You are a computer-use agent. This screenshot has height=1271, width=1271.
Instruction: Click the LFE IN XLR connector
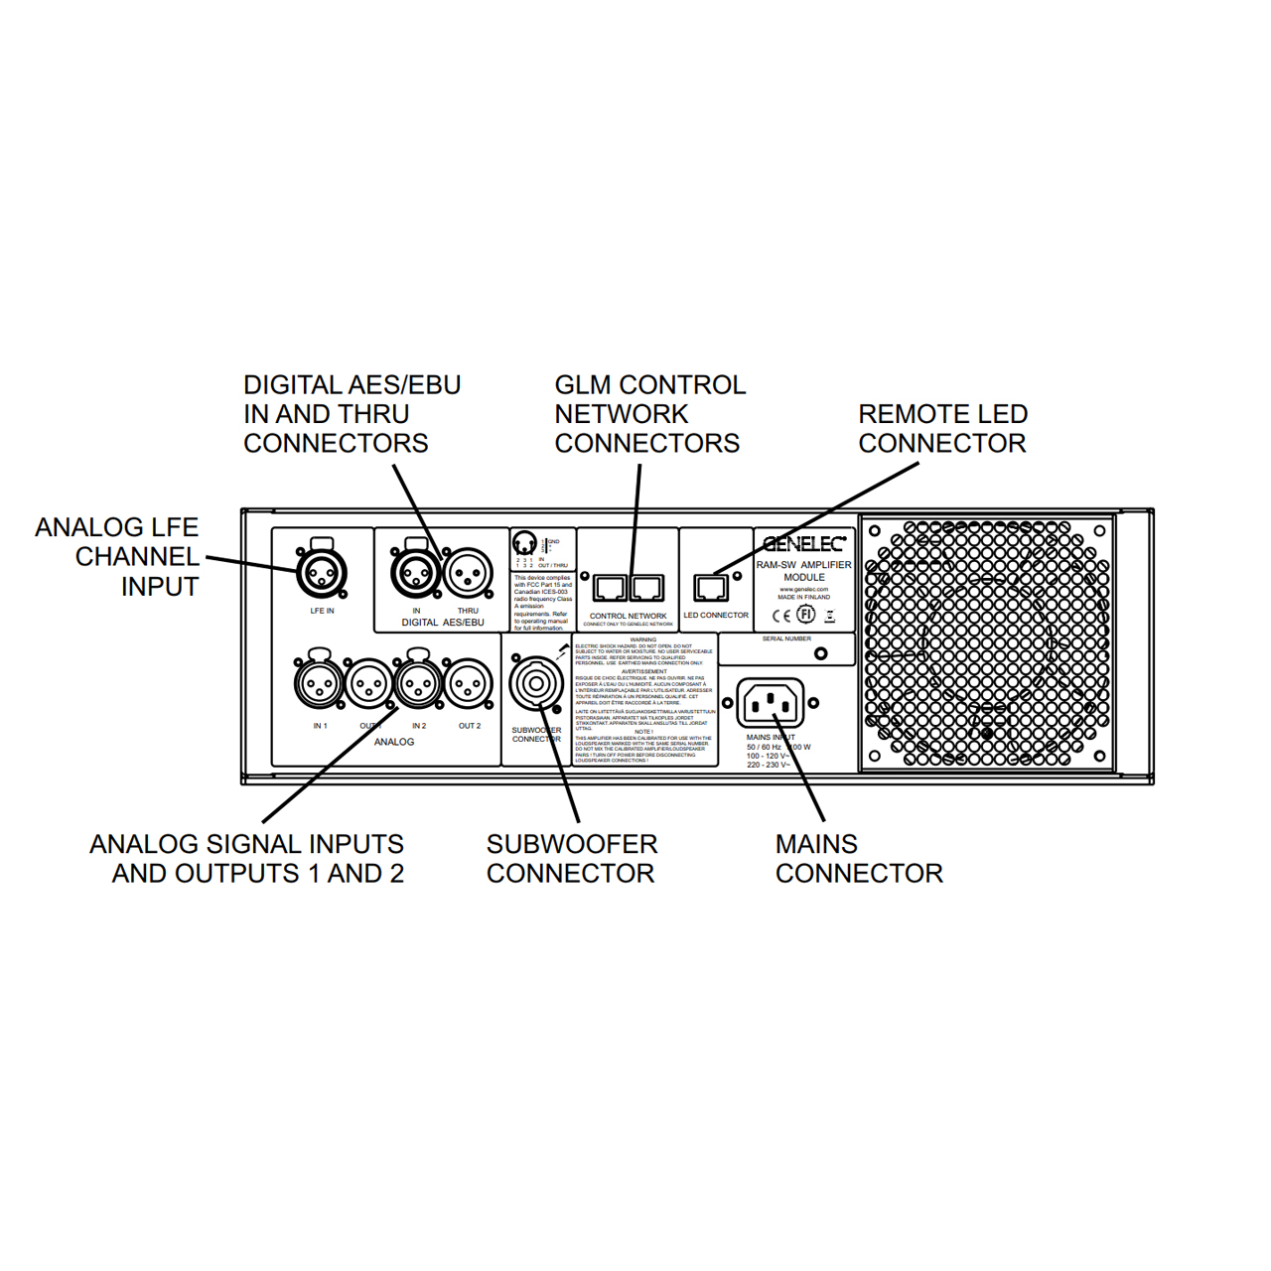pos(322,572)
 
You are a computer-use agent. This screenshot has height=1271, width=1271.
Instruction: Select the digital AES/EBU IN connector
pos(416,573)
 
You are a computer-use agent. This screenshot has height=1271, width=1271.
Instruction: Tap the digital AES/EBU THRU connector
pos(468,573)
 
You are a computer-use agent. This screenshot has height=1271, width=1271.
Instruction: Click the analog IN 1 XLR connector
pos(319,683)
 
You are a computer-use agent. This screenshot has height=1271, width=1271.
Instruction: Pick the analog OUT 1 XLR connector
pos(368,684)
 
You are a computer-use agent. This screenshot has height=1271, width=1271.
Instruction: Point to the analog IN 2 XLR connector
pos(418,683)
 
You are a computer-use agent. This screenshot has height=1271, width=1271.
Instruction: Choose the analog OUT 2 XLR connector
pos(469,684)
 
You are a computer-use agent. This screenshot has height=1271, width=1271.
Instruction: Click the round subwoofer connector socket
pos(536,683)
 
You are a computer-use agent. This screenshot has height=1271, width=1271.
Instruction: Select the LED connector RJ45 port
pos(711,588)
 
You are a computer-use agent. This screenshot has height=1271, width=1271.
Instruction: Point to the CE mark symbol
pos(781,616)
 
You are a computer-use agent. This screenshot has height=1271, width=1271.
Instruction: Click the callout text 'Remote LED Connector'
pos(942,429)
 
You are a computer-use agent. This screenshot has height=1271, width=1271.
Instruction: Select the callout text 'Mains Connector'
pos(859,859)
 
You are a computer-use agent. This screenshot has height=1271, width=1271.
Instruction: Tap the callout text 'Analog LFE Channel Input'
pos(118,557)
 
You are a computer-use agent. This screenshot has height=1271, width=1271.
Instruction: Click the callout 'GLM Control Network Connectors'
pos(649,414)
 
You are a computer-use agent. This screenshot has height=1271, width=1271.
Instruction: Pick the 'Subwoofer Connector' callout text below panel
pos(572,859)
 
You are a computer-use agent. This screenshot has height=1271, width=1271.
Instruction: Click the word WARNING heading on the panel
pos(643,639)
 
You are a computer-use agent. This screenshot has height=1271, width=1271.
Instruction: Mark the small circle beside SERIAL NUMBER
pos(820,653)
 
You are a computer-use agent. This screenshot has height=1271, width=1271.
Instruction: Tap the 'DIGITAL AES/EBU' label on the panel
pos(443,623)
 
